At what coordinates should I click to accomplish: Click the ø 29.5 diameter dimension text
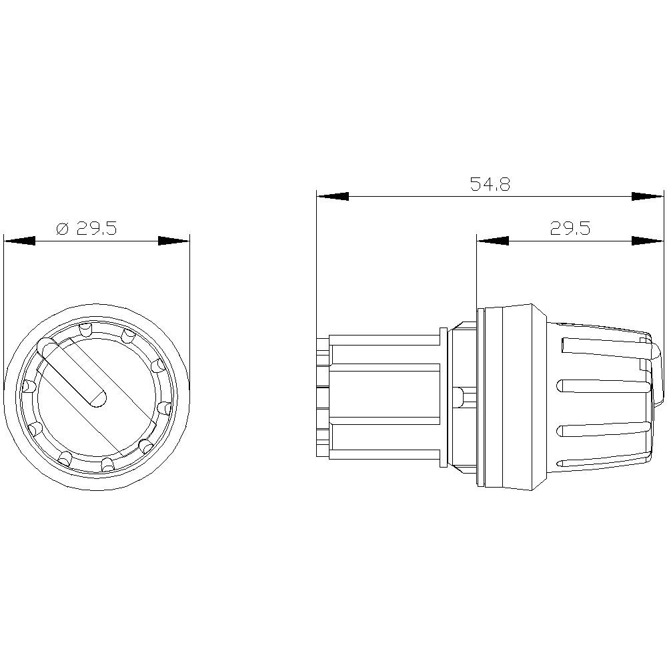87,229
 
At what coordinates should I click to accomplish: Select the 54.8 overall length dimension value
490,185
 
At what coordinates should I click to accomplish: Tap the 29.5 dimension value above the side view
570,229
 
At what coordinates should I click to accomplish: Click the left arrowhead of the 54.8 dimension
333,197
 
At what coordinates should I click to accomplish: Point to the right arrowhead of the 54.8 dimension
648,197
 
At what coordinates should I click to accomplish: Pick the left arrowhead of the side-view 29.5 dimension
493,241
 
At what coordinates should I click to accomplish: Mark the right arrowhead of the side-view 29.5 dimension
648,241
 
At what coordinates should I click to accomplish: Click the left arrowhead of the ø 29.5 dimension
19,241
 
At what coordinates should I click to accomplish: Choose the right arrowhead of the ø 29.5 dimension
173,241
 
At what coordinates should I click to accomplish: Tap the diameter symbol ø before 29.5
62,229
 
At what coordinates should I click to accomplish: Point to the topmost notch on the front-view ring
85,329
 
